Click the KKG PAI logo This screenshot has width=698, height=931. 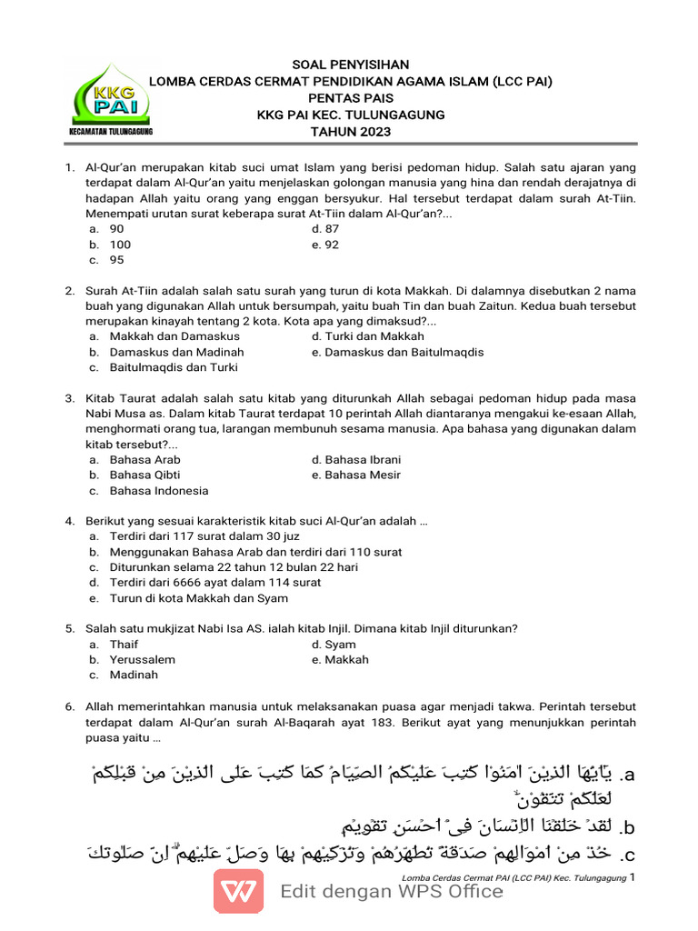[x=110, y=98]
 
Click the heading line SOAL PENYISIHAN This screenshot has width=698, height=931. [x=350, y=65]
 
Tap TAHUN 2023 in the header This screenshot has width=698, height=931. [x=350, y=132]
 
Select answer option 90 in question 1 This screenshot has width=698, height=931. [x=116, y=229]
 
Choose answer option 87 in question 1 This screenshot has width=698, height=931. [x=332, y=229]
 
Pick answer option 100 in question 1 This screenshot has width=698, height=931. [x=120, y=245]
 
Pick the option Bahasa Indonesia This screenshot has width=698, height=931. [x=159, y=490]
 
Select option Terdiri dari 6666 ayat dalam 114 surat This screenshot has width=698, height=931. [x=215, y=583]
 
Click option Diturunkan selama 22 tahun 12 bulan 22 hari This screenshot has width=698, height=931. [x=234, y=567]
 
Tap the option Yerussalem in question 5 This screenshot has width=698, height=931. [x=143, y=660]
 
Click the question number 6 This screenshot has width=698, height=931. [x=69, y=706]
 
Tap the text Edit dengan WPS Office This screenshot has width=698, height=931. [x=392, y=891]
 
